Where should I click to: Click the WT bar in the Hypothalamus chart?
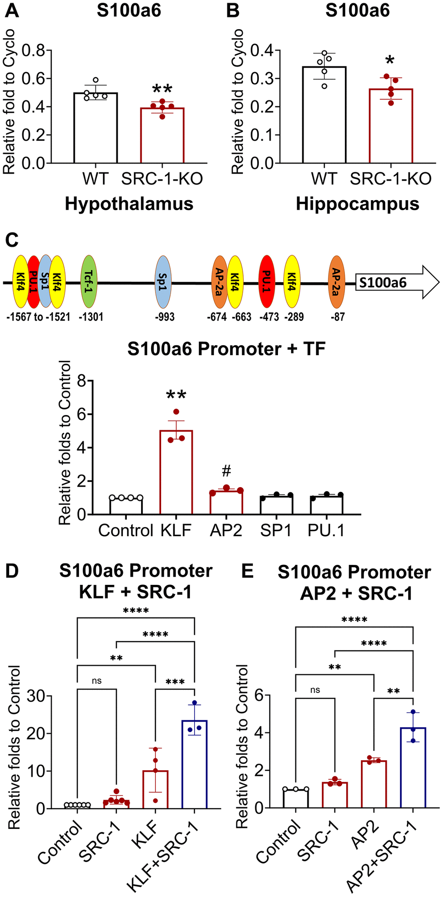pos(96,128)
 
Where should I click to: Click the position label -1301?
pos(91,317)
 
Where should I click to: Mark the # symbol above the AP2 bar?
pos(226,471)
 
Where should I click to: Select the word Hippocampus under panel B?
pos(357,204)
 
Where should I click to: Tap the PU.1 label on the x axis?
pos(326,530)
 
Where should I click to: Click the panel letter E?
pos(247,571)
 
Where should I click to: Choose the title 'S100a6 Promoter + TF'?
pos(226,349)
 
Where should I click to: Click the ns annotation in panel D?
pos(97,680)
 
